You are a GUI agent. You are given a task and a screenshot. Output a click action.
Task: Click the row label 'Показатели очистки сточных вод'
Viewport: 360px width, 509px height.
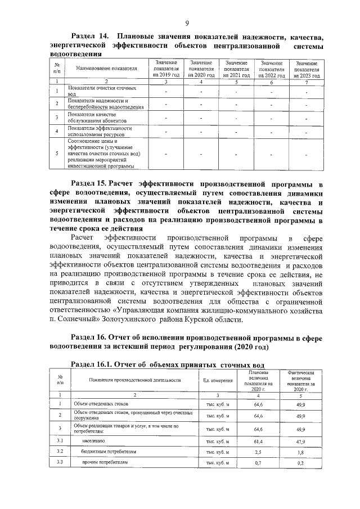coord(98,91)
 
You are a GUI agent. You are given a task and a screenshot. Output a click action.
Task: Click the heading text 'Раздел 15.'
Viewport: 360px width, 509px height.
coord(89,183)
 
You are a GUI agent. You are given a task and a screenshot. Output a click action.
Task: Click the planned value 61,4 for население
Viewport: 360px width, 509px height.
coord(259,442)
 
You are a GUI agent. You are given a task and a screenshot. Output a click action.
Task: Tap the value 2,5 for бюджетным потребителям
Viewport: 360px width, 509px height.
coord(259,452)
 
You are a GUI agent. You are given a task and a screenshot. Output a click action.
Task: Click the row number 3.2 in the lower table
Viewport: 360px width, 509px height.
coord(60,452)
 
